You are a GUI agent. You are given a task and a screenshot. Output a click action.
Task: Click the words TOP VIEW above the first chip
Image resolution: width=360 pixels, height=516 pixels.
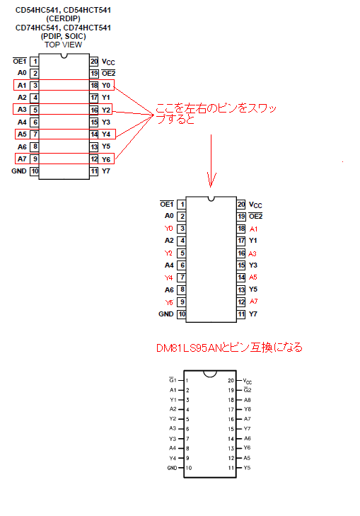tap(63, 45)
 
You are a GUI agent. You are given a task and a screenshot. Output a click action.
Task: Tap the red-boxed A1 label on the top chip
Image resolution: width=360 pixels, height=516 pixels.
tap(22, 85)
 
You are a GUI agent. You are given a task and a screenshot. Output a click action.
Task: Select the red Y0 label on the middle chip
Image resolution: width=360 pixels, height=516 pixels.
tap(168, 229)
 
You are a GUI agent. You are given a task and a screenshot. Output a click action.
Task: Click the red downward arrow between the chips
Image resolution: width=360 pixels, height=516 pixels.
tap(211, 161)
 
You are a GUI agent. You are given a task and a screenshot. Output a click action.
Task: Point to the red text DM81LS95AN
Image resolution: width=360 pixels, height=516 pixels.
tap(190, 348)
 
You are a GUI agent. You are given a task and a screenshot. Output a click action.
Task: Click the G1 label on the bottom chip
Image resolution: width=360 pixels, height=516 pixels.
tap(173, 380)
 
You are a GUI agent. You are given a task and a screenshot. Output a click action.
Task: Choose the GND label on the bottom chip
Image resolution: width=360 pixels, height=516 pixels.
tap(172, 468)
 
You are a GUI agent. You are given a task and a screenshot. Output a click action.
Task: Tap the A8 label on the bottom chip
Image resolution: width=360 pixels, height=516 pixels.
tap(248, 400)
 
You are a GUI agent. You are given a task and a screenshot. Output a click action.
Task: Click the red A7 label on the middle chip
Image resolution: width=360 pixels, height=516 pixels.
tap(253, 302)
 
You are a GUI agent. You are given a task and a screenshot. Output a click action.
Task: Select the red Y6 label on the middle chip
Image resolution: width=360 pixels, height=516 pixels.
tap(169, 302)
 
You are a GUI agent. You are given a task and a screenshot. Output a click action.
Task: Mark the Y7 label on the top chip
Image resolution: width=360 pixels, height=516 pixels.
tap(106, 171)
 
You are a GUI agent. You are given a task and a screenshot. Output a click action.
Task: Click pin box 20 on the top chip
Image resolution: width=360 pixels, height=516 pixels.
tap(94, 62)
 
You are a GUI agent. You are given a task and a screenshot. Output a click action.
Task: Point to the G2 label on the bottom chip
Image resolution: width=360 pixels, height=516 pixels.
tap(248, 389)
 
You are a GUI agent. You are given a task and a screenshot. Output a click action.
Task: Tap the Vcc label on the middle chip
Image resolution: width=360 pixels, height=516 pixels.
tap(255, 205)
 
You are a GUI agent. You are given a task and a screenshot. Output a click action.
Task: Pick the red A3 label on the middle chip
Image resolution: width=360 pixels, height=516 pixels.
tap(252, 253)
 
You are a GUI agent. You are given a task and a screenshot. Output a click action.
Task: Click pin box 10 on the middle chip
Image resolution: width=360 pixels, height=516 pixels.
tap(182, 314)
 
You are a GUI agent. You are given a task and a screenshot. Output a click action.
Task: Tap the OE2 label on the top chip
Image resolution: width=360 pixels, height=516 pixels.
tap(108, 74)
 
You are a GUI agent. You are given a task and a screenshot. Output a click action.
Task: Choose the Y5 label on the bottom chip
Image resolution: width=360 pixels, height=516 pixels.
tap(247, 468)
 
